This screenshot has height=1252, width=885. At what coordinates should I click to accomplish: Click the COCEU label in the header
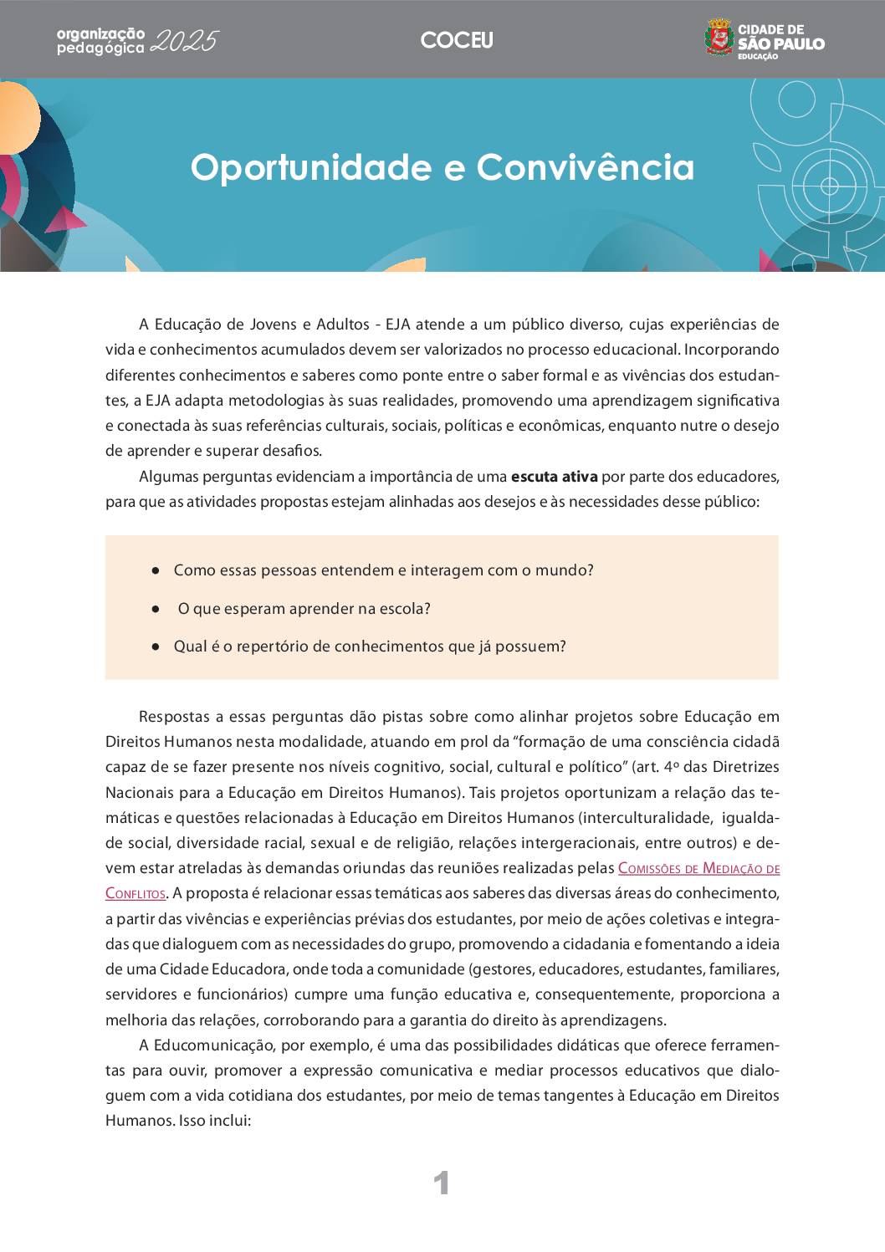pyautogui.click(x=457, y=40)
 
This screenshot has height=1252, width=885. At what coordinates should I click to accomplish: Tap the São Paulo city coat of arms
pyautogui.click(x=719, y=38)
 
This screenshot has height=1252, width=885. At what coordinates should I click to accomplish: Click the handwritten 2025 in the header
pyautogui.click(x=187, y=42)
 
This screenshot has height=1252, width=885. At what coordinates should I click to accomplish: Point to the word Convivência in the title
pyautogui.click(x=586, y=167)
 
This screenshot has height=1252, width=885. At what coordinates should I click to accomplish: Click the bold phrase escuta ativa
pyautogui.click(x=554, y=477)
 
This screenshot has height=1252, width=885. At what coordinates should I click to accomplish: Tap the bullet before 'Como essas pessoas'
pyautogui.click(x=156, y=570)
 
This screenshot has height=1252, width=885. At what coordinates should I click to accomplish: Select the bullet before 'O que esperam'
pyautogui.click(x=156, y=609)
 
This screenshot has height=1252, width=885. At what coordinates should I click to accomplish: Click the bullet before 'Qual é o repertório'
pyautogui.click(x=156, y=646)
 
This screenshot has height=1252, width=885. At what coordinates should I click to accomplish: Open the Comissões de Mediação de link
pyautogui.click(x=698, y=868)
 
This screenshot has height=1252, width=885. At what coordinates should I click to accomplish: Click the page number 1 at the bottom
pyautogui.click(x=442, y=1183)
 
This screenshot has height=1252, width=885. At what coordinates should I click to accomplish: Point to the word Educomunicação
pyautogui.click(x=214, y=1045)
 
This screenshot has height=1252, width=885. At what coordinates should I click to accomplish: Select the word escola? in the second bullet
pyautogui.click(x=405, y=609)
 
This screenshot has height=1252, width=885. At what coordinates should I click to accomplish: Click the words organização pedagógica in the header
pyautogui.click(x=100, y=41)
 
